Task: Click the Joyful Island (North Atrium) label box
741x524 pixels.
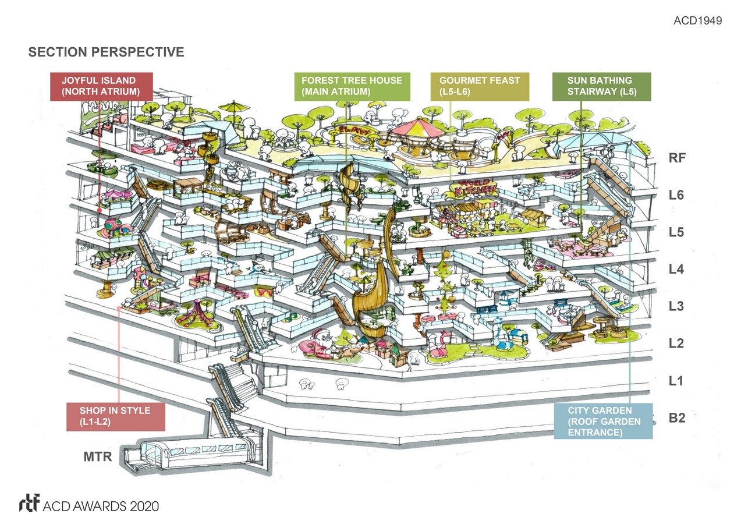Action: (x=101, y=86)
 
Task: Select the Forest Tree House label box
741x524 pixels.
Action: (x=352, y=86)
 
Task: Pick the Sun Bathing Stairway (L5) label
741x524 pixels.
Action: (x=601, y=86)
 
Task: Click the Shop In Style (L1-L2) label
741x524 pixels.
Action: (x=115, y=416)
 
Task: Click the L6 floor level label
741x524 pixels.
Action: (x=676, y=195)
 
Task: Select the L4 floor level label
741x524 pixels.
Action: (x=676, y=270)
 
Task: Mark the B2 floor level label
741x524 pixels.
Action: (x=676, y=419)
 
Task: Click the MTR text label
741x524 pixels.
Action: (x=97, y=456)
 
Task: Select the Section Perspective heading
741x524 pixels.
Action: (x=106, y=52)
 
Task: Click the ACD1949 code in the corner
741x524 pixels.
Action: (x=697, y=21)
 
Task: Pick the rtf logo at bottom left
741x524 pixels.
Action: (x=29, y=504)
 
